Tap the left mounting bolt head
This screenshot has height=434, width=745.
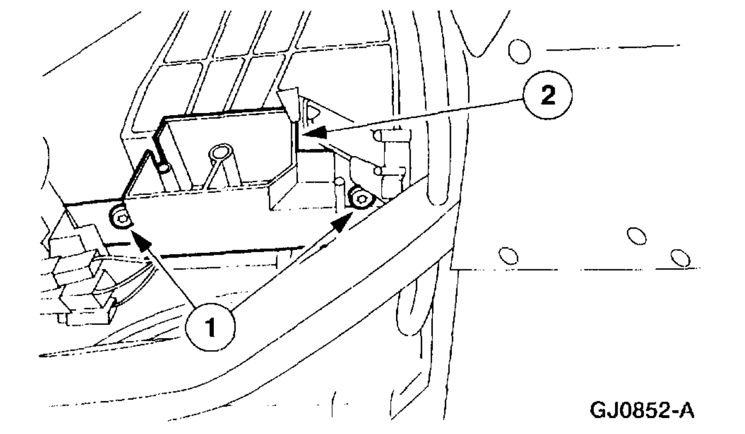[120, 218]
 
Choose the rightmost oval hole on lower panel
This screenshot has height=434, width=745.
[680, 257]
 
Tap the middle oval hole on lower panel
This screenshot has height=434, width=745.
[636, 235]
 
